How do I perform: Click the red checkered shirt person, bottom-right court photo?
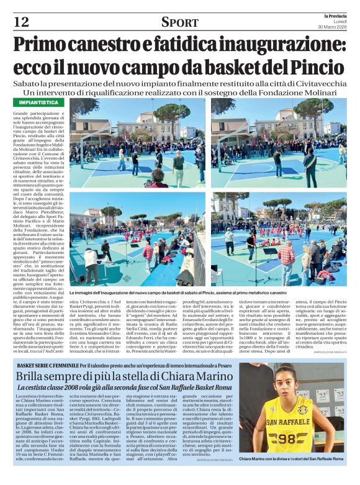point(286,255)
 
